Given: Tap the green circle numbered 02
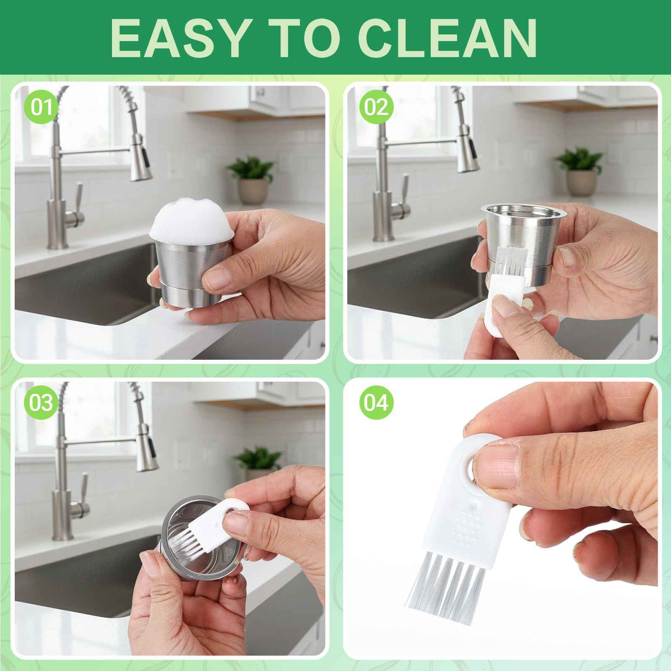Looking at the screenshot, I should [376, 108].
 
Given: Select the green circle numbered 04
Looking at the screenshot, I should [376, 403].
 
